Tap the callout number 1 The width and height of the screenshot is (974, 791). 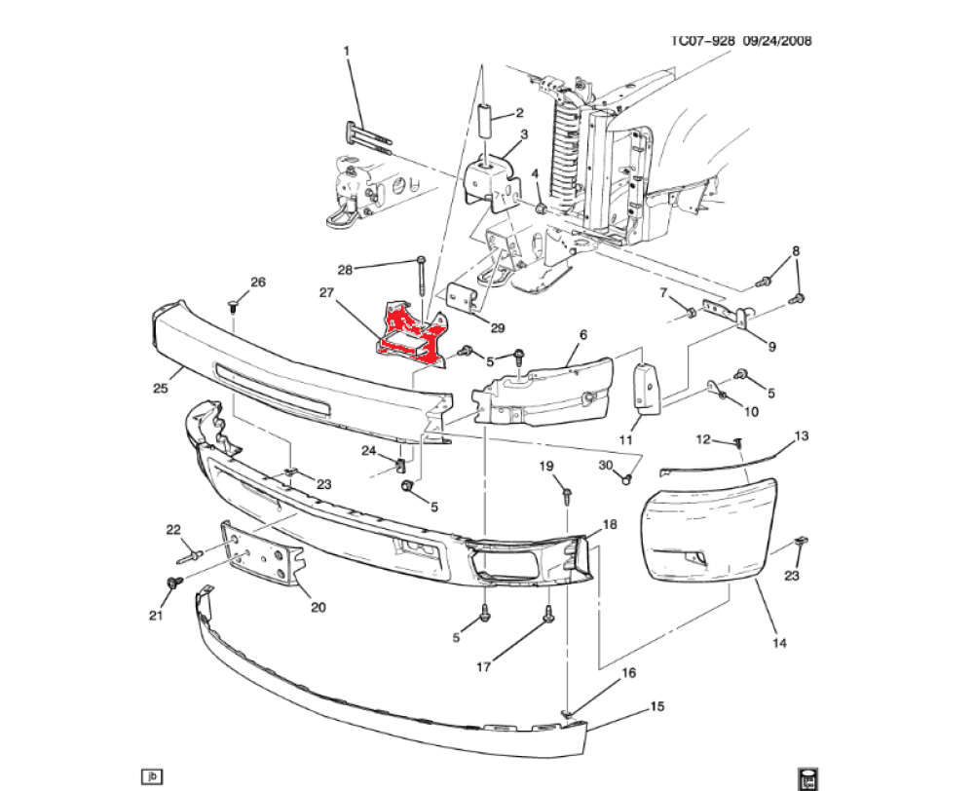tap(347, 51)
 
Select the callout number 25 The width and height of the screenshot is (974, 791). tap(161, 389)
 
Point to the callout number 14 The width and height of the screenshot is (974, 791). tap(779, 643)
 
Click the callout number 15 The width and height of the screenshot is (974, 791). tap(657, 706)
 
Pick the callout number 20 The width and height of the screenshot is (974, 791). tap(318, 607)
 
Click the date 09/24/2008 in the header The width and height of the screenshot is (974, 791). tap(777, 40)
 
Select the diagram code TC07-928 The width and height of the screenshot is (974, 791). tap(702, 40)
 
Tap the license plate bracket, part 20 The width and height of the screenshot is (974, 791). tap(261, 553)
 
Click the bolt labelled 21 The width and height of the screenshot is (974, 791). tap(174, 583)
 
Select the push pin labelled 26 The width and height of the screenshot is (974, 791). tap(234, 305)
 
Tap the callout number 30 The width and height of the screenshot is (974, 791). tap(606, 466)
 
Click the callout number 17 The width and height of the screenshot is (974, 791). tap(483, 666)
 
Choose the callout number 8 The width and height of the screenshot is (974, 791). tap(796, 251)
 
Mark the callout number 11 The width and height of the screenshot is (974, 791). tap(625, 440)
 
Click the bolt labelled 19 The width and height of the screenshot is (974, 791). tap(567, 495)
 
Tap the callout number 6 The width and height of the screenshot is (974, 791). tap(582, 335)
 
